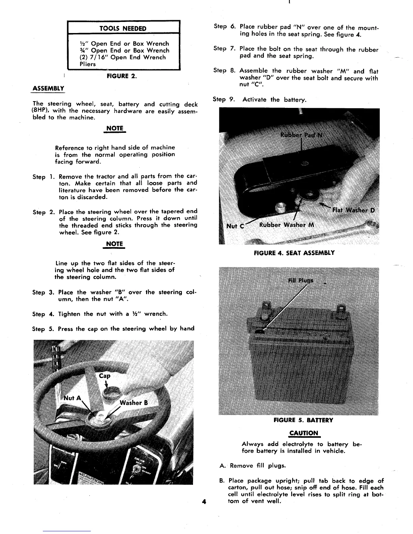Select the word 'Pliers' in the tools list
pyautogui.click(x=87, y=64)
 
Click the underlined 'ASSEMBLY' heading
pyautogui.click(x=48, y=89)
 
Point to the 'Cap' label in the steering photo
pyautogui.click(x=105, y=376)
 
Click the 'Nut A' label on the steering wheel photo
pyautogui.click(x=73, y=398)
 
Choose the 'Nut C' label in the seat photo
pyautogui.click(x=235, y=226)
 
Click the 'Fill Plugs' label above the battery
pyautogui.click(x=301, y=280)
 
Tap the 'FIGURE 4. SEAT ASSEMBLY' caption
pyautogui.click(x=294, y=253)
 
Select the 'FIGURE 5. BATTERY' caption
pyautogui.click(x=303, y=420)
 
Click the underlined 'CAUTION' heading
pyautogui.click(x=304, y=433)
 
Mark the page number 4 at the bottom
pyautogui.click(x=203, y=501)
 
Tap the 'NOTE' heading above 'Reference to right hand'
pyautogui.click(x=114, y=129)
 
